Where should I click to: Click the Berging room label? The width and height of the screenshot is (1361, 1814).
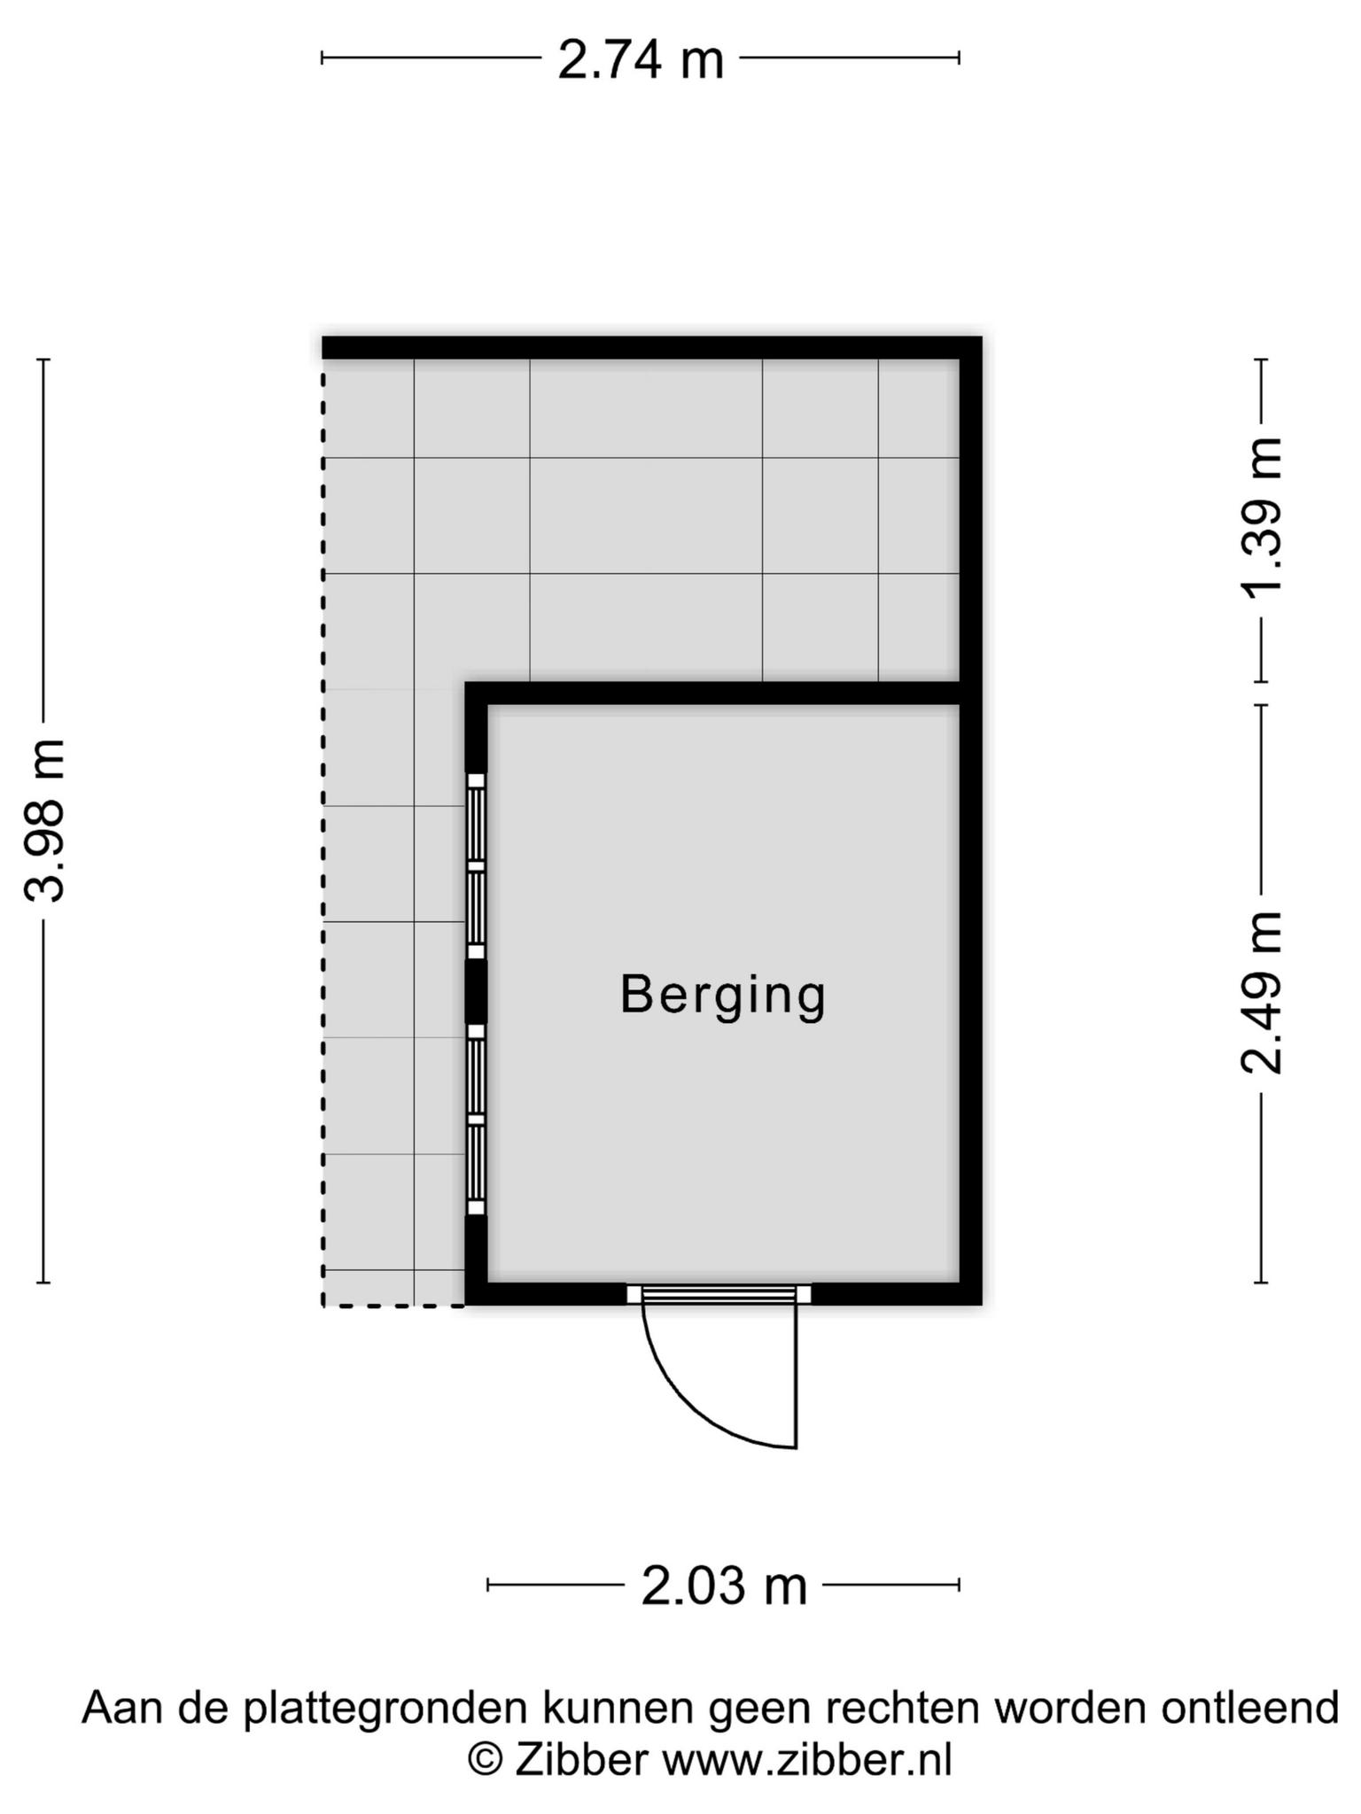[723, 996]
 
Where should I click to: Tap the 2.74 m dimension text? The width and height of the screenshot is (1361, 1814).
[641, 61]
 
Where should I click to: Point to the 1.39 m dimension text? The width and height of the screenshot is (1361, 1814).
[1262, 516]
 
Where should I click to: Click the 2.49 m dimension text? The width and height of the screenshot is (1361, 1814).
[1262, 992]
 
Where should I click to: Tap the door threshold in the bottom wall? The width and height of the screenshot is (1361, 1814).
[719, 1294]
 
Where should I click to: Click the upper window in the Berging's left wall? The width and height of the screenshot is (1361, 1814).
[477, 865]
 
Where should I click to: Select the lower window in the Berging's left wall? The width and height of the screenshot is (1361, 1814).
[477, 1120]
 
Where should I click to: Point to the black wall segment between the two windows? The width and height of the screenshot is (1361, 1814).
[477, 992]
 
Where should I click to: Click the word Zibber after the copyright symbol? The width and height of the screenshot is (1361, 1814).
[581, 1759]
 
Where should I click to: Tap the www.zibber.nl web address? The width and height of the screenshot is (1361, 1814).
[807, 1759]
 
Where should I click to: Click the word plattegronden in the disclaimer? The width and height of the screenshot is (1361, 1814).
[385, 1709]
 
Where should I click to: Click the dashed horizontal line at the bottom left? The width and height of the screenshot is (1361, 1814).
[394, 1305]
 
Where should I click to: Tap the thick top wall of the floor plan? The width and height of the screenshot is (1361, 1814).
[651, 347]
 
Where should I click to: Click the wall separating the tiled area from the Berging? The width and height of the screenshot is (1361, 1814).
[713, 694]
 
